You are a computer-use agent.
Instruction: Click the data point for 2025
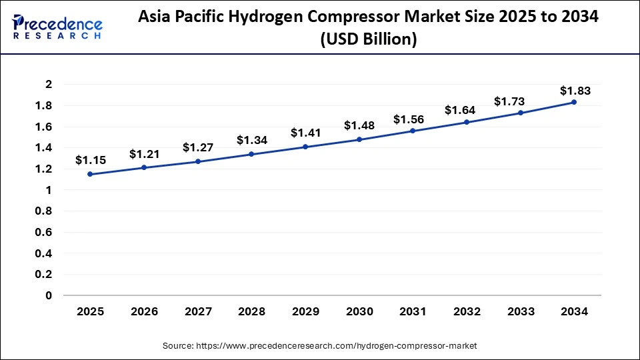[90, 174]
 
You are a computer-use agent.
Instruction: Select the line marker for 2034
[573, 102]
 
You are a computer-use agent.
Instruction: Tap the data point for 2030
[359, 139]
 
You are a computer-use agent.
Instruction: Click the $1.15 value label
[89, 160]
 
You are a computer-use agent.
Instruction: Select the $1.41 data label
[305, 133]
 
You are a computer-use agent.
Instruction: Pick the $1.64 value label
[466, 109]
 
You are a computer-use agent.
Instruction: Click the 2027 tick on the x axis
[197, 311]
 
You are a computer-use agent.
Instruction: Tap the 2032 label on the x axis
[466, 311]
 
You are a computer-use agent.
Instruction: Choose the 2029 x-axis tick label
[305, 311]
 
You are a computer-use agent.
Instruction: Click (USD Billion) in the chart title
[368, 40]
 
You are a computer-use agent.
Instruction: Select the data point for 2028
[251, 154]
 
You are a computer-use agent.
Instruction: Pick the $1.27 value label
[197, 147]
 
